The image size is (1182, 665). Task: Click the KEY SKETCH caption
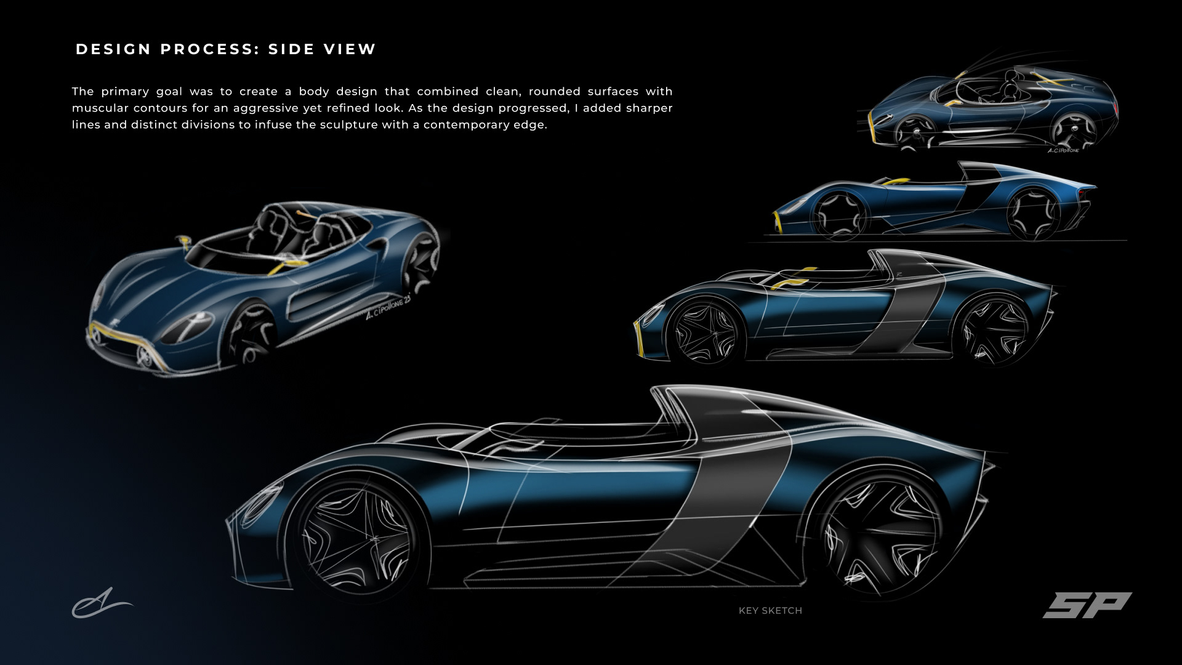tap(770, 610)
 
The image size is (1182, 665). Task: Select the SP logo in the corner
tap(1087, 605)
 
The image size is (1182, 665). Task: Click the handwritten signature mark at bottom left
tap(102, 603)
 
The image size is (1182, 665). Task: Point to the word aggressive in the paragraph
tap(265, 108)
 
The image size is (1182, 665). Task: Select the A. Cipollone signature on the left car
tap(388, 306)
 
